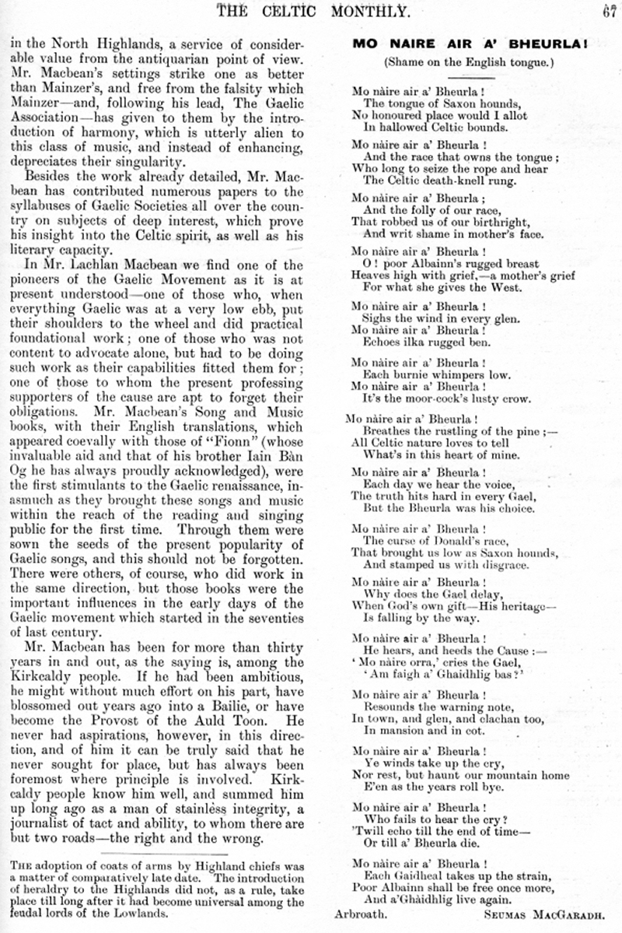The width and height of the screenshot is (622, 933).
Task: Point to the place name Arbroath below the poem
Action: click(x=359, y=916)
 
